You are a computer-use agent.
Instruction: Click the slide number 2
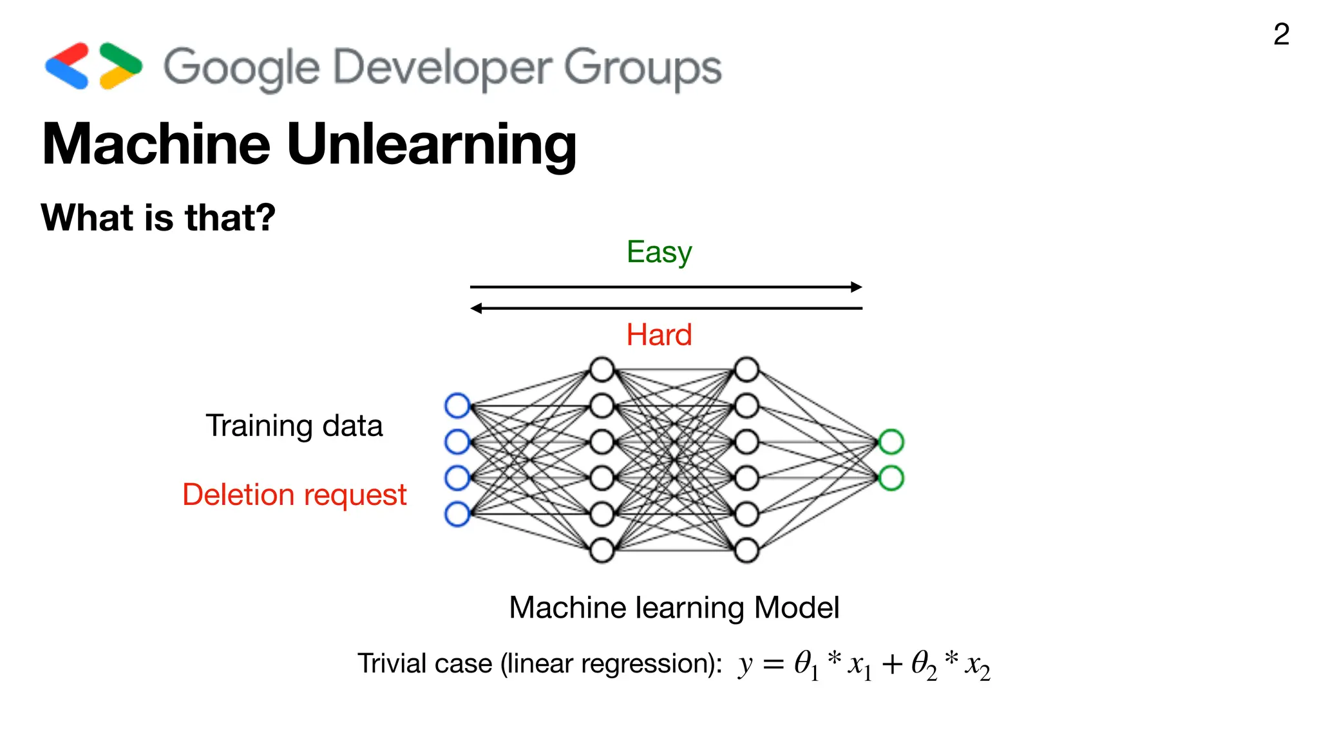tap(1281, 34)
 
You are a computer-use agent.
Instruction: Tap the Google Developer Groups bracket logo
tap(93, 66)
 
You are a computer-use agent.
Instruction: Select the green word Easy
tap(659, 252)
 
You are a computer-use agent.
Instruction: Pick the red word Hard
tap(659, 335)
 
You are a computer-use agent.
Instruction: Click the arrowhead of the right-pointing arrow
tap(857, 287)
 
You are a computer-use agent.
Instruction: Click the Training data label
tap(294, 426)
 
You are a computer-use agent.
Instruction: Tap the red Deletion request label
tap(294, 495)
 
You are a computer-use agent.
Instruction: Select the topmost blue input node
tap(457, 406)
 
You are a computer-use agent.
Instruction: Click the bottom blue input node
tap(457, 514)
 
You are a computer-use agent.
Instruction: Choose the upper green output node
tap(891, 442)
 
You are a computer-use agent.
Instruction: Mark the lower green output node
tap(891, 478)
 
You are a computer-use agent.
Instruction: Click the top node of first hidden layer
tap(602, 370)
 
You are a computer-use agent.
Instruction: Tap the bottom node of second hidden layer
tap(746, 551)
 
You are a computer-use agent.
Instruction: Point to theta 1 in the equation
tap(806, 664)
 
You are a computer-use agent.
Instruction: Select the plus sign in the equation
tap(892, 665)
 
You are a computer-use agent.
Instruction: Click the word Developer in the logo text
tap(442, 68)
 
